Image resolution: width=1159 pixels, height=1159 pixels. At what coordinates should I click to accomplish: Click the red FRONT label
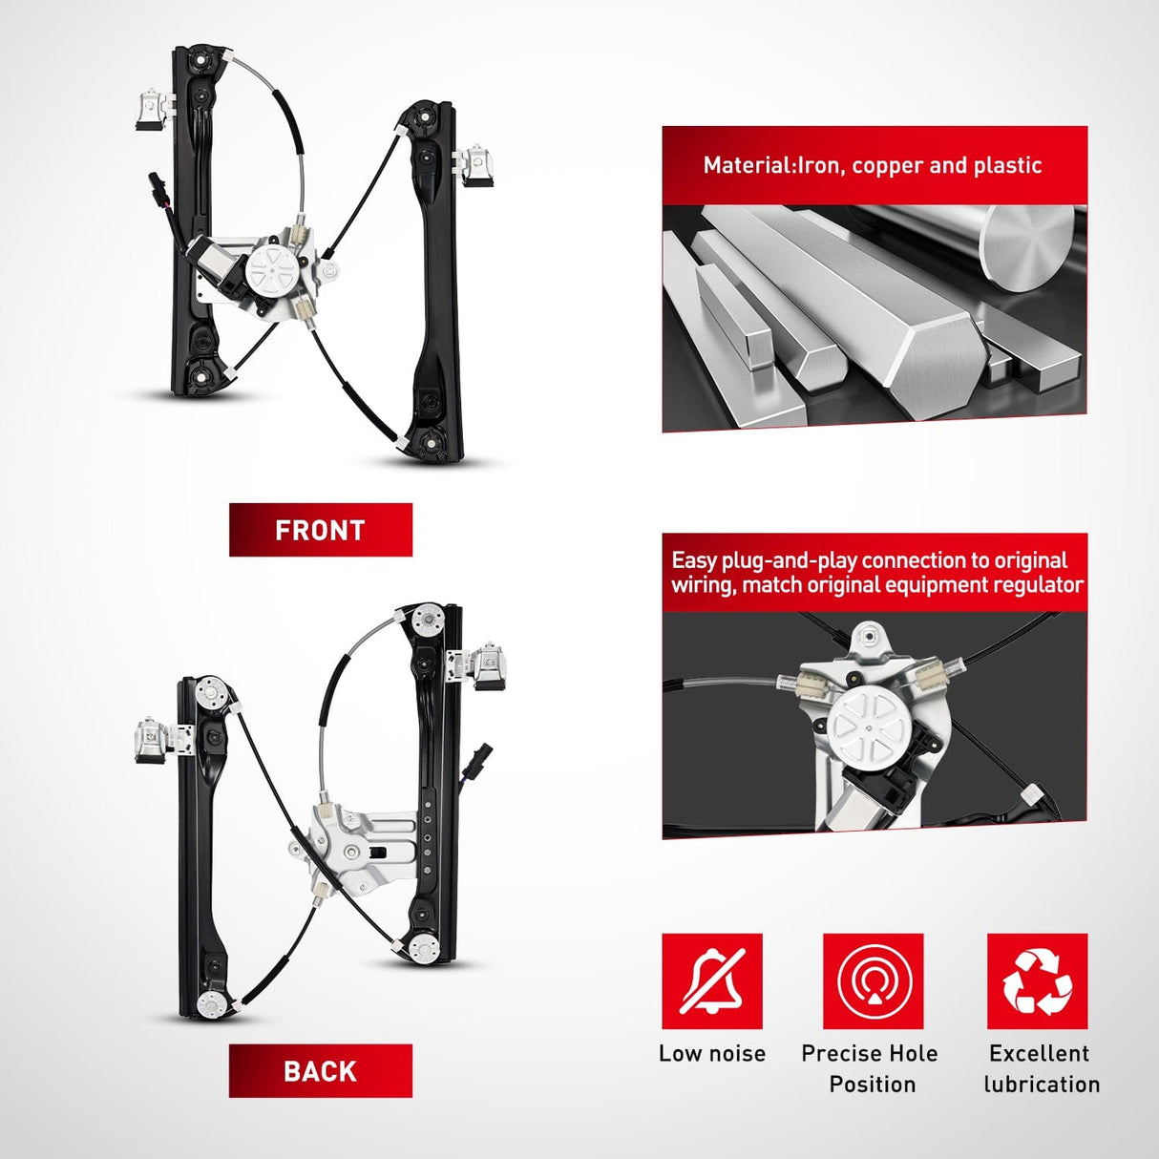click(320, 530)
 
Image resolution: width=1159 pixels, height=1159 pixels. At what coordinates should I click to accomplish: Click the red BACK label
click(320, 1070)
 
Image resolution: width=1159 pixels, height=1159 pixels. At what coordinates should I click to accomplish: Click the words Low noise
click(712, 1053)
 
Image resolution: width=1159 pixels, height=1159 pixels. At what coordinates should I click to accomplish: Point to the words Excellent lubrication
click(1042, 1069)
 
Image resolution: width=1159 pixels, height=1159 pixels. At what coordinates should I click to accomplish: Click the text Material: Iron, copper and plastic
click(873, 165)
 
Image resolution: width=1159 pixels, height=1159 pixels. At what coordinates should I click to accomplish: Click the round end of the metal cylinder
click(1026, 246)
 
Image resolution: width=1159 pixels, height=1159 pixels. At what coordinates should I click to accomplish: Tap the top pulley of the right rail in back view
click(429, 619)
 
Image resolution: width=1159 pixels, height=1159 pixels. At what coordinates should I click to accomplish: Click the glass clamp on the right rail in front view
click(476, 165)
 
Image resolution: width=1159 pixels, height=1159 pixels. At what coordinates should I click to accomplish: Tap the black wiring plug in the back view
click(483, 751)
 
